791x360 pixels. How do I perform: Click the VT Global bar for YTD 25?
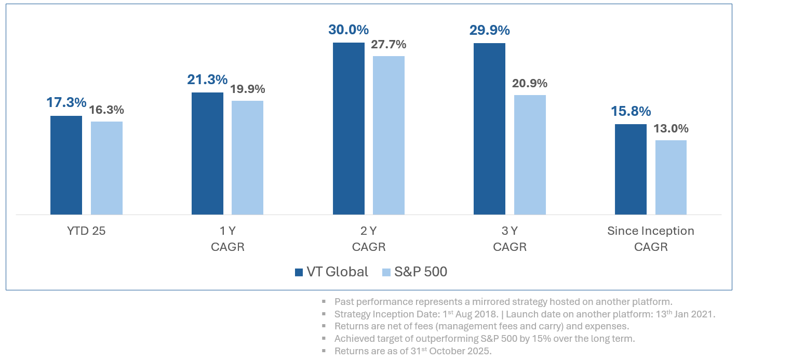pyautogui.click(x=66, y=165)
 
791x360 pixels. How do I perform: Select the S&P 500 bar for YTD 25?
pyautogui.click(x=106, y=168)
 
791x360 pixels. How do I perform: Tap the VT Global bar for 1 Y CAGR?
pyautogui.click(x=207, y=153)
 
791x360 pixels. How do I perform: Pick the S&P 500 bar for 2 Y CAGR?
pyautogui.click(x=388, y=135)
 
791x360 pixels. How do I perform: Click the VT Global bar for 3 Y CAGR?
pyautogui.click(x=489, y=128)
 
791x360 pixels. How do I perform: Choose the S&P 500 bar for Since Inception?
pyautogui.click(x=671, y=177)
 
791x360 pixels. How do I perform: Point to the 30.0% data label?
pyautogui.click(x=348, y=30)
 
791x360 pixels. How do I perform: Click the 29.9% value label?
pyautogui.click(x=489, y=30)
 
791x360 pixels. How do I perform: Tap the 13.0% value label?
pyautogui.click(x=671, y=128)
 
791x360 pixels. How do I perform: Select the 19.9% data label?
pyautogui.click(x=247, y=89)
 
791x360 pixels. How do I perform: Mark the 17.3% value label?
pyautogui.click(x=66, y=102)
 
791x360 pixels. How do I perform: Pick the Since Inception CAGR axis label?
pyautogui.click(x=651, y=238)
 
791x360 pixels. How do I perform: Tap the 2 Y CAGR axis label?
pyautogui.click(x=369, y=238)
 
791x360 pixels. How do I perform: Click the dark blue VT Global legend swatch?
pyautogui.click(x=299, y=272)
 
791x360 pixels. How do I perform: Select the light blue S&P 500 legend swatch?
pyautogui.click(x=386, y=272)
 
